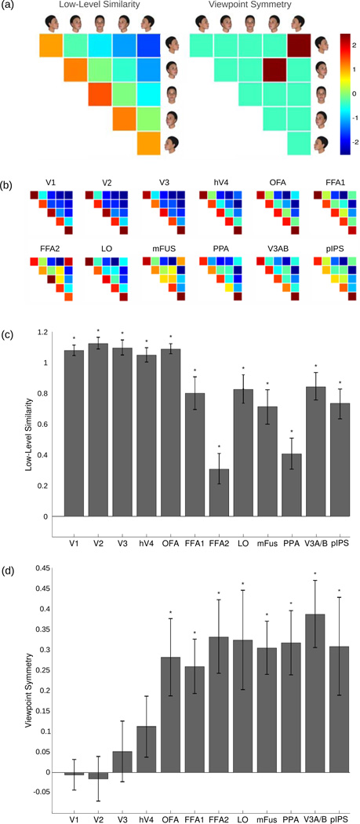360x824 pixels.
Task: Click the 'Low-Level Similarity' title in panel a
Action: click(x=93, y=7)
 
